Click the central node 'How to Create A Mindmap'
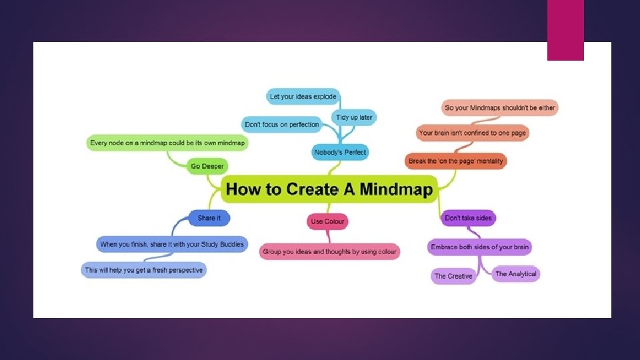[329, 189]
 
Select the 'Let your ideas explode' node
[303, 96]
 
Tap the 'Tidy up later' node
[354, 117]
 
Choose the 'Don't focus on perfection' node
[282, 125]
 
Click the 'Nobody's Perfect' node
[341, 153]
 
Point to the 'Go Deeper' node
[207, 165]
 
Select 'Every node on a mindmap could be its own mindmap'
[167, 143]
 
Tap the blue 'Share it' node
[209, 218]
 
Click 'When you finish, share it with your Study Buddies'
[171, 245]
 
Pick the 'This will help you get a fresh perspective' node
[143, 270]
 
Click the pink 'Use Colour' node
[328, 221]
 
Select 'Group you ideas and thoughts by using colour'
[329, 251]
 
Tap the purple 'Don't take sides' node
[469, 218]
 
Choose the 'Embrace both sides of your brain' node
[479, 247]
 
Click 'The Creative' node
[453, 276]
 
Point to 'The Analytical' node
[516, 274]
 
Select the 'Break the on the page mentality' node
[456, 161]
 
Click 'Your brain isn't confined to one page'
[472, 133]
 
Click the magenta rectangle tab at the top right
[565, 30]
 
